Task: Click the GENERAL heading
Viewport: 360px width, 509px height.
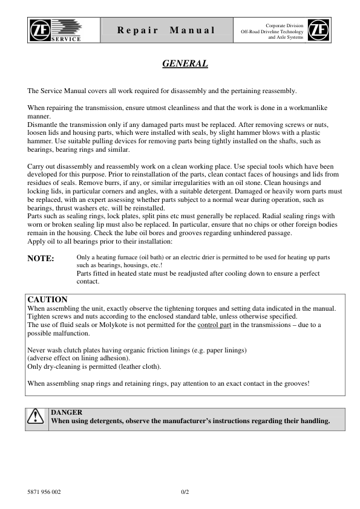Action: pyautogui.click(x=186, y=63)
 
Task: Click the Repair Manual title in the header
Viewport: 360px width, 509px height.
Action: pyautogui.click(x=166, y=30)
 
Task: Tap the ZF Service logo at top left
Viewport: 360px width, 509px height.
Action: pyautogui.click(x=62, y=30)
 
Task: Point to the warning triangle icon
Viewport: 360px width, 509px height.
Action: pyautogui.click(x=38, y=417)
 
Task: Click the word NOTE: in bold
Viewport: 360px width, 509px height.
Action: pyautogui.click(x=41, y=259)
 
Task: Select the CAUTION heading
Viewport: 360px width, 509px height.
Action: pyautogui.click(x=48, y=299)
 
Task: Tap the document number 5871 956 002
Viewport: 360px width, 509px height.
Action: pyautogui.click(x=44, y=491)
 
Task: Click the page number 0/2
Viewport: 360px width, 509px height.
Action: pyautogui.click(x=186, y=491)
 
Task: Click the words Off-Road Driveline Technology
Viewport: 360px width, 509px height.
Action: pyautogui.click(x=272, y=30)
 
